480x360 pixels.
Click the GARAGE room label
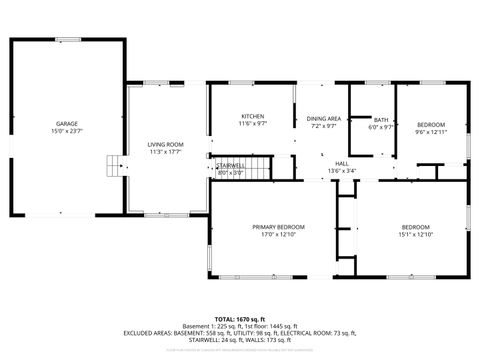67,123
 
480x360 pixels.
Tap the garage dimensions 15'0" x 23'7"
67,130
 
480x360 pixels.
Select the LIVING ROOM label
165,145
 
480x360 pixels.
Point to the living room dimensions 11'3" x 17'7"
165,152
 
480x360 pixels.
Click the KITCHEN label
253,117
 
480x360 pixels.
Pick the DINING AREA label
324,118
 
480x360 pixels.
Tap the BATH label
382,120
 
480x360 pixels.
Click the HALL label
342,163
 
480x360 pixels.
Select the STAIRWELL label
231,165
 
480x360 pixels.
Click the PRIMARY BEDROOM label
278,227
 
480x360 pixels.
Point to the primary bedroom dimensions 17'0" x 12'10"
278,234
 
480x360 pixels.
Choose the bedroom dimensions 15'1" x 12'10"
415,234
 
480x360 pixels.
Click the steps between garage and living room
114,164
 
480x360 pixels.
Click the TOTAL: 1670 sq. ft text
240,318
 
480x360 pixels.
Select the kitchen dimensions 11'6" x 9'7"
253,125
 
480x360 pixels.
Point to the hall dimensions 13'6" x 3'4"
342,171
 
